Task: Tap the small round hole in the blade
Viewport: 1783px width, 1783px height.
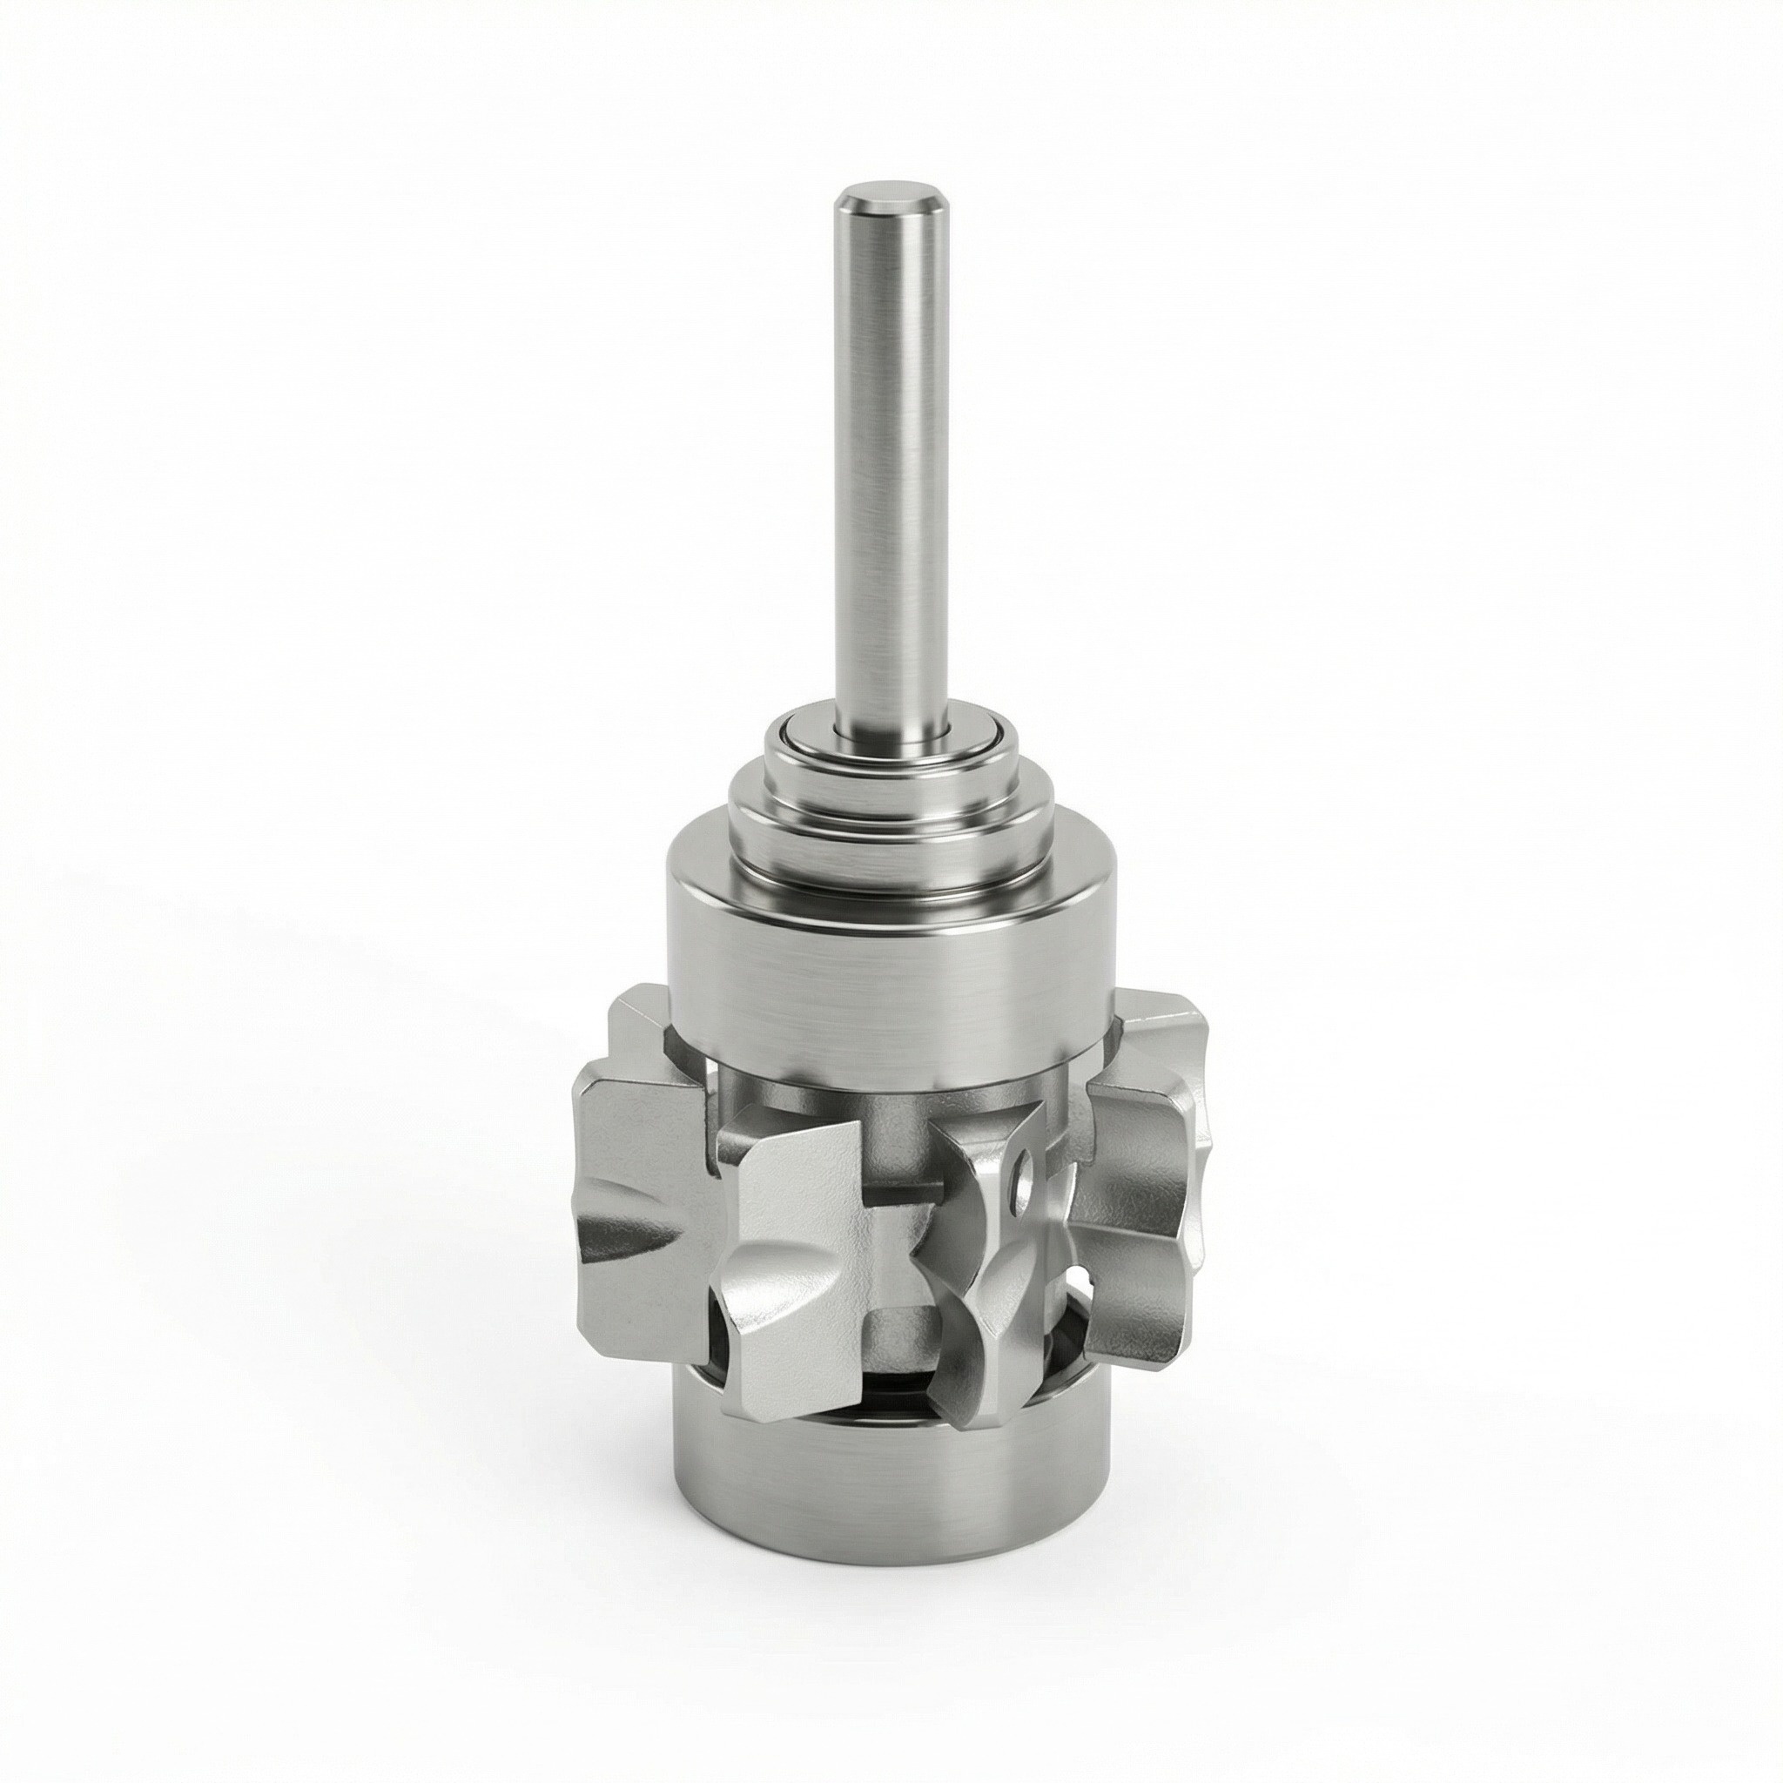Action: tap(1020, 1177)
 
